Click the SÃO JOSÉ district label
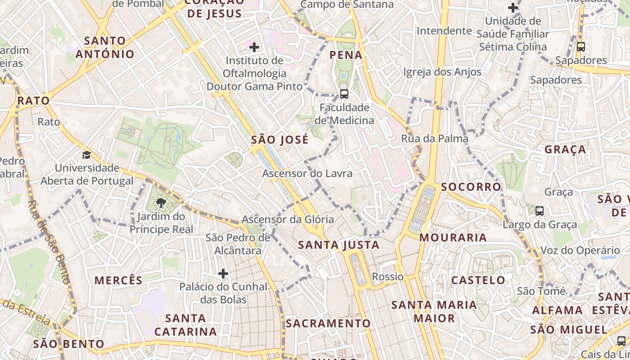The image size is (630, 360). tap(279, 139)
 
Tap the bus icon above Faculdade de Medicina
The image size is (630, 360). tap(344, 94)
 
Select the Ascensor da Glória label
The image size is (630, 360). tap(288, 220)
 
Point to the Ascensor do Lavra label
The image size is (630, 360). tap(307, 173)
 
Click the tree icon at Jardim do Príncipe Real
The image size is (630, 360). tap(161, 203)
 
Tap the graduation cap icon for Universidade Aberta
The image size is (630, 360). tap(86, 155)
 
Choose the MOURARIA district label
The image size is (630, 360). tap(453, 238)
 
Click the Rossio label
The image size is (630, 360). tap(388, 276)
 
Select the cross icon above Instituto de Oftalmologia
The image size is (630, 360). tap(254, 47)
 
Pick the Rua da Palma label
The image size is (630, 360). tap(435, 139)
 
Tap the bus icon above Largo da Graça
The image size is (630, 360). tap(540, 211)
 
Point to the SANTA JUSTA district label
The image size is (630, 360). tap(339, 245)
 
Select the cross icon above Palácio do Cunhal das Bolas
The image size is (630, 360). tap(223, 273)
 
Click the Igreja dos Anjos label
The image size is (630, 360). tap(442, 72)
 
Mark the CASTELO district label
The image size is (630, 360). tap(478, 280)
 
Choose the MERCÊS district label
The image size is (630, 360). tap(118, 280)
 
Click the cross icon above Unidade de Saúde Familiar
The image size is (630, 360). tap(513, 8)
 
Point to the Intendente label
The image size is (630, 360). tap(444, 31)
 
